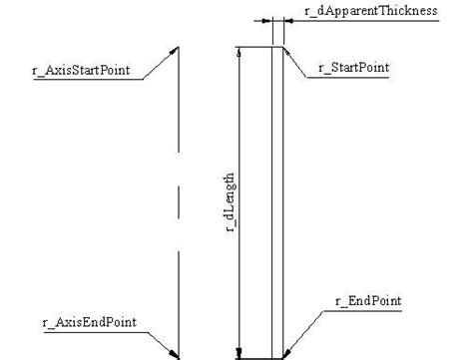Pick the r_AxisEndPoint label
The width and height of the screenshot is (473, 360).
[76, 322]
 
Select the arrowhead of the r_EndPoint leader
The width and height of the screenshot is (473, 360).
[286, 351]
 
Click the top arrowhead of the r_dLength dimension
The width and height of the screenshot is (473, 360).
[238, 52]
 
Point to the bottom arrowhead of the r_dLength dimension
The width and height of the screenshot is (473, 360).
[238, 350]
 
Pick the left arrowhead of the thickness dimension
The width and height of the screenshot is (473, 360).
[267, 19]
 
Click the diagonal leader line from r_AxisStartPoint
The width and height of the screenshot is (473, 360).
[160, 62]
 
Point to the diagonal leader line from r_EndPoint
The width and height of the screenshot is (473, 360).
[304, 330]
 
